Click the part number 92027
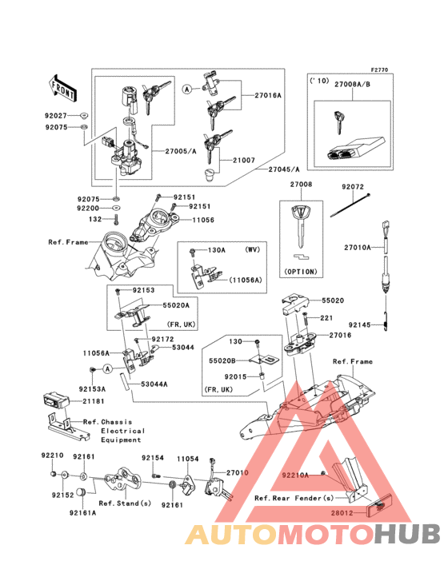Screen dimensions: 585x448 [58, 116]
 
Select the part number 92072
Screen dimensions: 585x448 [353, 187]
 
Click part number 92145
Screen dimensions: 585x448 [358, 324]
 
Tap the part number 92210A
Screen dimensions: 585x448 [295, 476]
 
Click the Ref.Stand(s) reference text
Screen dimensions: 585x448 [125, 503]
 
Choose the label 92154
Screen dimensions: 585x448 [153, 459]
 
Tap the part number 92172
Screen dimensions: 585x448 [162, 339]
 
